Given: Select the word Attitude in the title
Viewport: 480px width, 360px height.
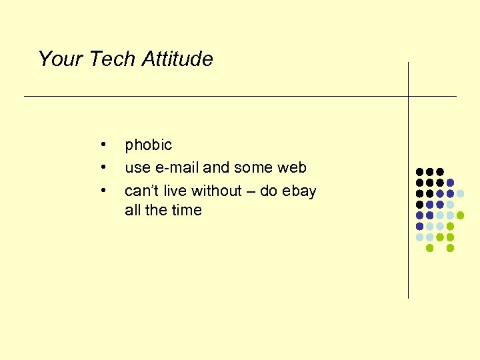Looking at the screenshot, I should (x=176, y=59).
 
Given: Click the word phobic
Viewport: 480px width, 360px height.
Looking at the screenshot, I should (x=148, y=145).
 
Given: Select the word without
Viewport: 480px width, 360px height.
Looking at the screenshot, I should (x=216, y=191).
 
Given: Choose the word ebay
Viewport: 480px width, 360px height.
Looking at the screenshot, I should (x=299, y=191).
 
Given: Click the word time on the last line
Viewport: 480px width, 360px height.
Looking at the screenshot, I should (x=187, y=210).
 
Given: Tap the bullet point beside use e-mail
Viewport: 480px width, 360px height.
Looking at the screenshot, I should (x=103, y=167).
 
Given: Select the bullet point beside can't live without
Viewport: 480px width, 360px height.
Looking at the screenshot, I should (x=103, y=191).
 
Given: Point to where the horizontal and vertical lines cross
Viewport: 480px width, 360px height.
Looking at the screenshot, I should (x=408, y=96).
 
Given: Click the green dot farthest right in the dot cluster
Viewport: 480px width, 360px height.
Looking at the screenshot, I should (x=460, y=215).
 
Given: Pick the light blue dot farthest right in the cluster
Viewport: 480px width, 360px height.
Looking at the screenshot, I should (x=460, y=193).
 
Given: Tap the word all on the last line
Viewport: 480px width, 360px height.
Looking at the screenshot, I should (x=132, y=210).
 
